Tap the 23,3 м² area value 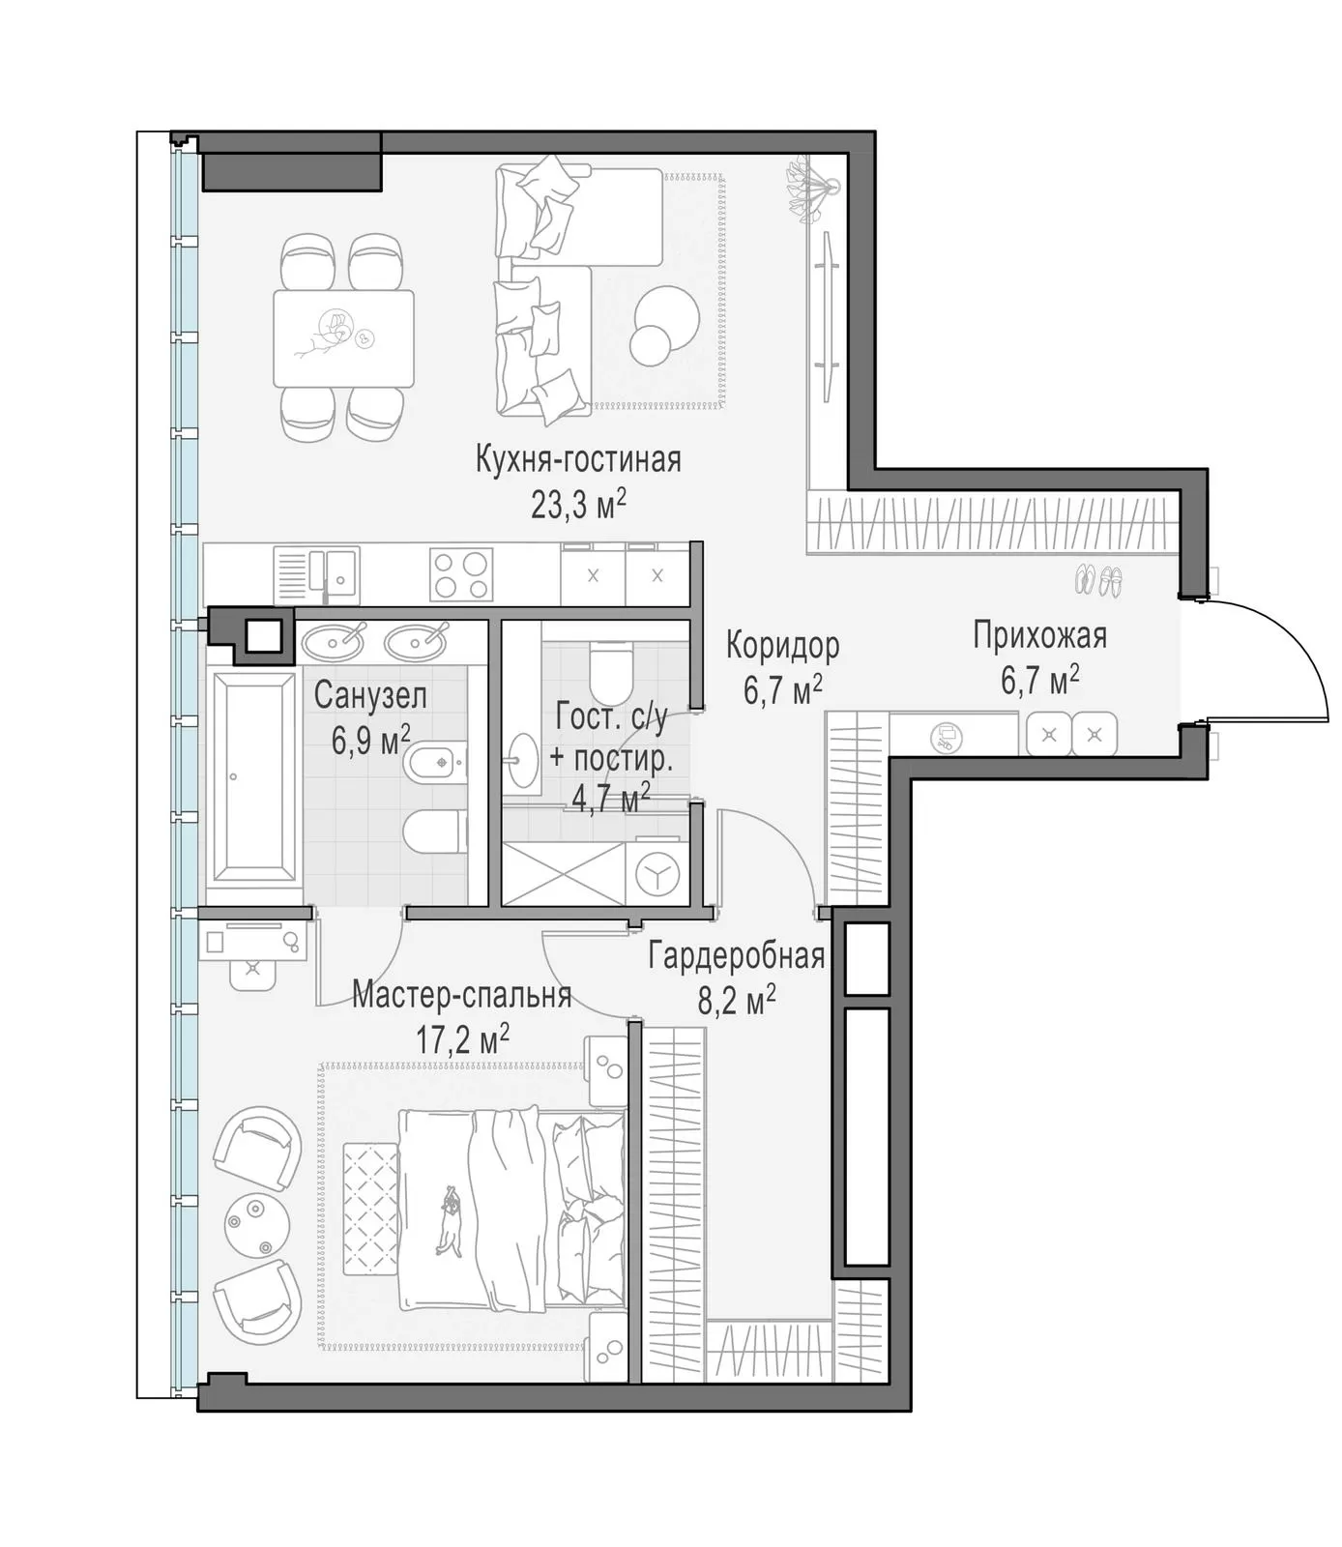point(578,504)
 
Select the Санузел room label point(370,695)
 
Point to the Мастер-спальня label point(461,994)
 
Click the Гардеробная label point(737,956)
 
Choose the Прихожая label point(1039,636)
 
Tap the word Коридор point(783,645)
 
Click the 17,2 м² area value point(463,1040)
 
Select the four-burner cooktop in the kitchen point(461,575)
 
